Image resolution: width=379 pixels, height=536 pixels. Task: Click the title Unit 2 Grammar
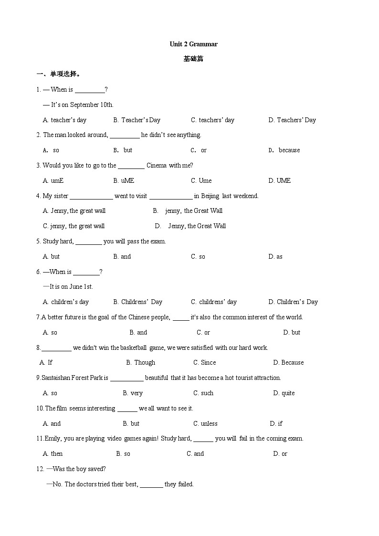click(193, 44)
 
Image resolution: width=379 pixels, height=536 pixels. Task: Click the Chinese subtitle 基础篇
click(193, 59)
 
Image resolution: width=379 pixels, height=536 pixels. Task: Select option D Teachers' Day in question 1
click(292, 120)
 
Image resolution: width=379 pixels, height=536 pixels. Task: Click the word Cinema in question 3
click(157, 166)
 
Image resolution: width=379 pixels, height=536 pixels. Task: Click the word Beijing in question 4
click(210, 196)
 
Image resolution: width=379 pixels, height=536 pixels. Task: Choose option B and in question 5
click(122, 257)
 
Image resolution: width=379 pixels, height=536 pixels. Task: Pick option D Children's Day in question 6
click(293, 302)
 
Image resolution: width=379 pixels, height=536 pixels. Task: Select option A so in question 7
click(50, 333)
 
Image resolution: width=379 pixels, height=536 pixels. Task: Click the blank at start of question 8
click(56, 348)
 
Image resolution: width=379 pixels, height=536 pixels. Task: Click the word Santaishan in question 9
click(56, 378)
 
